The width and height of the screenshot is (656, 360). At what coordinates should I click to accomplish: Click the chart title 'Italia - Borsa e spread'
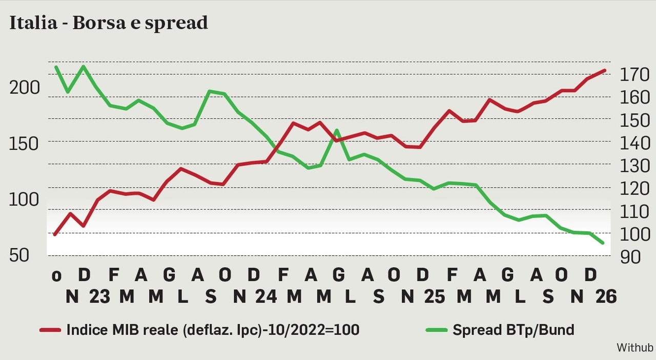coord(109,23)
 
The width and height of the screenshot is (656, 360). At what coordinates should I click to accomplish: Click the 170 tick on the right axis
coord(634,75)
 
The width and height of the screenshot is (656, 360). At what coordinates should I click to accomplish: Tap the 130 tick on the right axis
coord(634,166)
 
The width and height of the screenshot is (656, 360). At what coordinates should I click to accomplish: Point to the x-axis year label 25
coord(434,296)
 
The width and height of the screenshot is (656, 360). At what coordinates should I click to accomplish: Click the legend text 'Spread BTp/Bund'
coord(513,330)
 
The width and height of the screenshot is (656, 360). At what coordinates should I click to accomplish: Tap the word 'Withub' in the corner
coord(634,348)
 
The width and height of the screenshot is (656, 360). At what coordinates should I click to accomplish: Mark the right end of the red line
coord(605,70)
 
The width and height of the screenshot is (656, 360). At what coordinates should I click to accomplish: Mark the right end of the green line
coord(603,243)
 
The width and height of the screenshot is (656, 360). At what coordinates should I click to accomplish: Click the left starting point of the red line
coord(55,234)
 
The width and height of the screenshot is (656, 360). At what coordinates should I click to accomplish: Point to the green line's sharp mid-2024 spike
coord(336,130)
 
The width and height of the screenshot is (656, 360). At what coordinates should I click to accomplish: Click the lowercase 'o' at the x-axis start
coord(56,276)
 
